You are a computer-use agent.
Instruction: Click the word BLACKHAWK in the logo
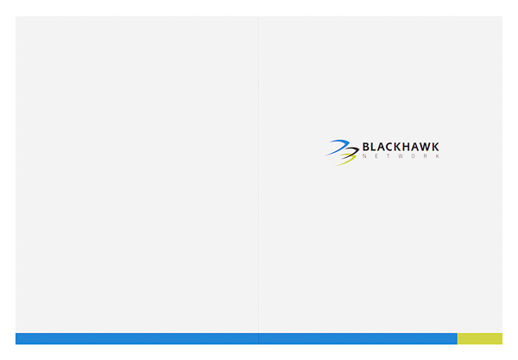[401, 147]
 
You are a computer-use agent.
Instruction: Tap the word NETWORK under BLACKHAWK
[401, 156]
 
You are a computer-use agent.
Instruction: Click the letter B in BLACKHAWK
[367, 147]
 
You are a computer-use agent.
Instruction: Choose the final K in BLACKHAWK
[435, 147]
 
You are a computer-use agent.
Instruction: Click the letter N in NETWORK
[364, 156]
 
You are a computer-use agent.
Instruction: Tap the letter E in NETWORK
[376, 156]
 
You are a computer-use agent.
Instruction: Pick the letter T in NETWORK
[388, 156]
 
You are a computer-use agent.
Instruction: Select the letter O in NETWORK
[413, 156]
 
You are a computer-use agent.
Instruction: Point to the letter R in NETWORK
[425, 156]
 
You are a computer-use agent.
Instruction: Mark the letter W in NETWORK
[401, 156]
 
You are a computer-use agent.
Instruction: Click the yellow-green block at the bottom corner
[479, 338]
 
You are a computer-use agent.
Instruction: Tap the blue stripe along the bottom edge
[233, 338]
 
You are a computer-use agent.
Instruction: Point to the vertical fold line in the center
[258, 173]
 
